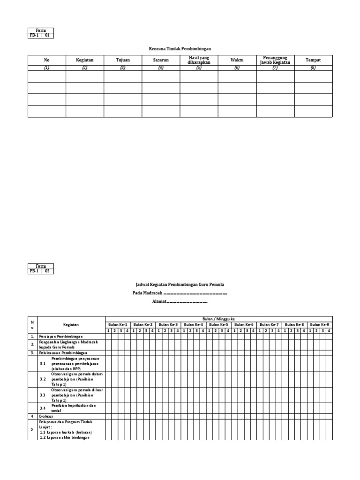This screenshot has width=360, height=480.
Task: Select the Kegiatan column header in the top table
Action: pyautogui.click(x=85, y=60)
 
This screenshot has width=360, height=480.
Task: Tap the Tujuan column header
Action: pyautogui.click(x=123, y=60)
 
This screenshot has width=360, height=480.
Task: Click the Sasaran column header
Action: pyautogui.click(x=161, y=60)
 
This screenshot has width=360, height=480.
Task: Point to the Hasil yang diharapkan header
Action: pyautogui.click(x=199, y=60)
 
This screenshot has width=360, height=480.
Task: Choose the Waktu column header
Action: pyautogui.click(x=237, y=60)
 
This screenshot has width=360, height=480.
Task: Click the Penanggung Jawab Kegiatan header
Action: pyautogui.click(x=275, y=60)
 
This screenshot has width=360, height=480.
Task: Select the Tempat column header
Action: pyautogui.click(x=313, y=60)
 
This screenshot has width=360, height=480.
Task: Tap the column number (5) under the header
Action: pyautogui.click(x=199, y=68)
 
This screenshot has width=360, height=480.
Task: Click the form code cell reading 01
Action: pyautogui.click(x=47, y=35)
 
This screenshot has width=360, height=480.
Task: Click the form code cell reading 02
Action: pyautogui.click(x=47, y=271)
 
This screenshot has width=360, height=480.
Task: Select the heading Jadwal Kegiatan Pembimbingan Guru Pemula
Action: pyautogui.click(x=180, y=284)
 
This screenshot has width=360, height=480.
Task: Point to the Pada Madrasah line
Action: pyautogui.click(x=180, y=293)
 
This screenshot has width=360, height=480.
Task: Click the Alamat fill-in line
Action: pyautogui.click(x=180, y=302)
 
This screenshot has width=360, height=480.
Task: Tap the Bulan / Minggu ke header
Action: pyautogui.click(x=218, y=319)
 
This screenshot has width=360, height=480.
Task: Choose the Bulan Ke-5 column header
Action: pyautogui.click(x=218, y=324)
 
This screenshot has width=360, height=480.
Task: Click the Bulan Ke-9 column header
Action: pyautogui.click(x=320, y=324)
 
